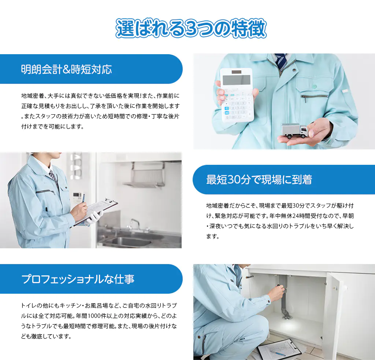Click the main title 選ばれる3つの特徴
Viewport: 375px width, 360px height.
pyautogui.click(x=191, y=29)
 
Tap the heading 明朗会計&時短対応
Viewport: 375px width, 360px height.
pyautogui.click(x=67, y=69)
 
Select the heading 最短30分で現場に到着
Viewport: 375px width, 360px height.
pyautogui.click(x=259, y=180)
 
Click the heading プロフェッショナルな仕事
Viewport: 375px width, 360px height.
pyautogui.click(x=78, y=279)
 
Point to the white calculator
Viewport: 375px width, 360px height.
pyautogui.click(x=237, y=95)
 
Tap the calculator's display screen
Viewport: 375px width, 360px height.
pyautogui.click(x=236, y=80)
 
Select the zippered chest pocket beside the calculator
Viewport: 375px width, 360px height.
pyautogui.click(x=314, y=97)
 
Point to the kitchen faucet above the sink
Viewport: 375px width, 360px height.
pyautogui.click(x=135, y=224)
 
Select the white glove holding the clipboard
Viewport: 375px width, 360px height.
pyautogui.click(x=94, y=218)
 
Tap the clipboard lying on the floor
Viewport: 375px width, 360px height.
pyautogui.click(x=279, y=350)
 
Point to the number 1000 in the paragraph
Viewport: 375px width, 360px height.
pyautogui.click(x=94, y=316)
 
